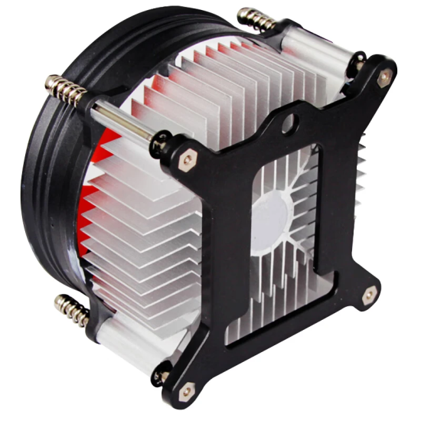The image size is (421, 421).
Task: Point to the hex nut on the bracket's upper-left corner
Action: pyautogui.click(x=186, y=160)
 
